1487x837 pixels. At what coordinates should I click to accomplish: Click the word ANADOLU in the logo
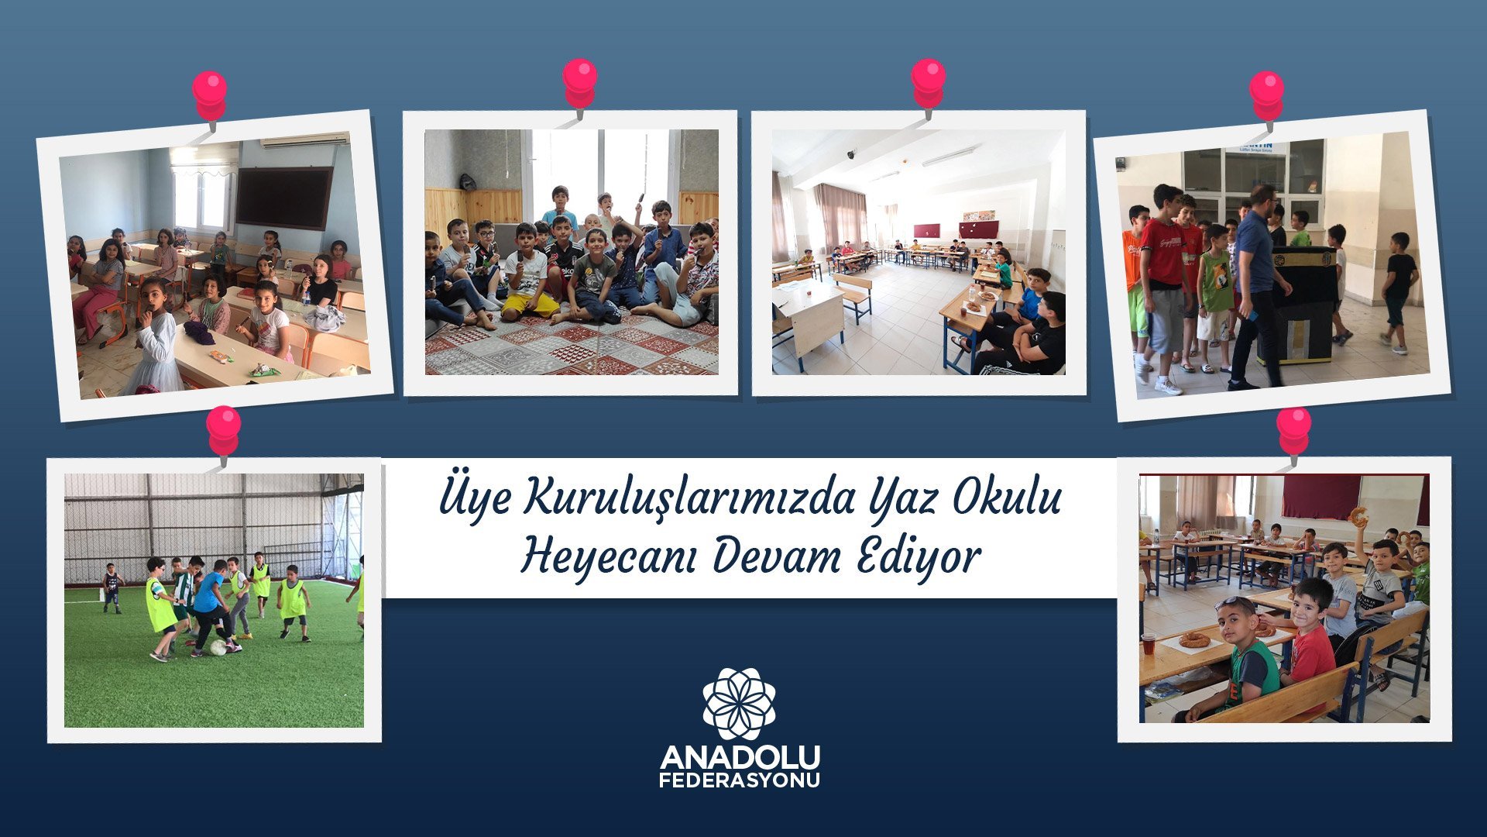coord(740,757)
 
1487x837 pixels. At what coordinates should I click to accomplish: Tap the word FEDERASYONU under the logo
coord(740,780)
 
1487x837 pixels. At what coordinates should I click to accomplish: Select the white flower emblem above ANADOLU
coord(739,703)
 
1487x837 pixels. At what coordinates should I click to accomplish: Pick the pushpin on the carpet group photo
coord(579,85)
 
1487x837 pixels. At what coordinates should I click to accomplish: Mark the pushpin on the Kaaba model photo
coord(1267,96)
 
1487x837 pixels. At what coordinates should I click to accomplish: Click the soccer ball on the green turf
coord(218,647)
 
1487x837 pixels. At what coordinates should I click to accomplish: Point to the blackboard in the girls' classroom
coord(283,198)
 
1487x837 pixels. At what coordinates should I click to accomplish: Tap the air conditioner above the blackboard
coord(304,140)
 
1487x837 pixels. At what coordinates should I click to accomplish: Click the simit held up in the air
coord(1358,517)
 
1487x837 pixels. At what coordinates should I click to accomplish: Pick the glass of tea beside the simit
coord(1149,642)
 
